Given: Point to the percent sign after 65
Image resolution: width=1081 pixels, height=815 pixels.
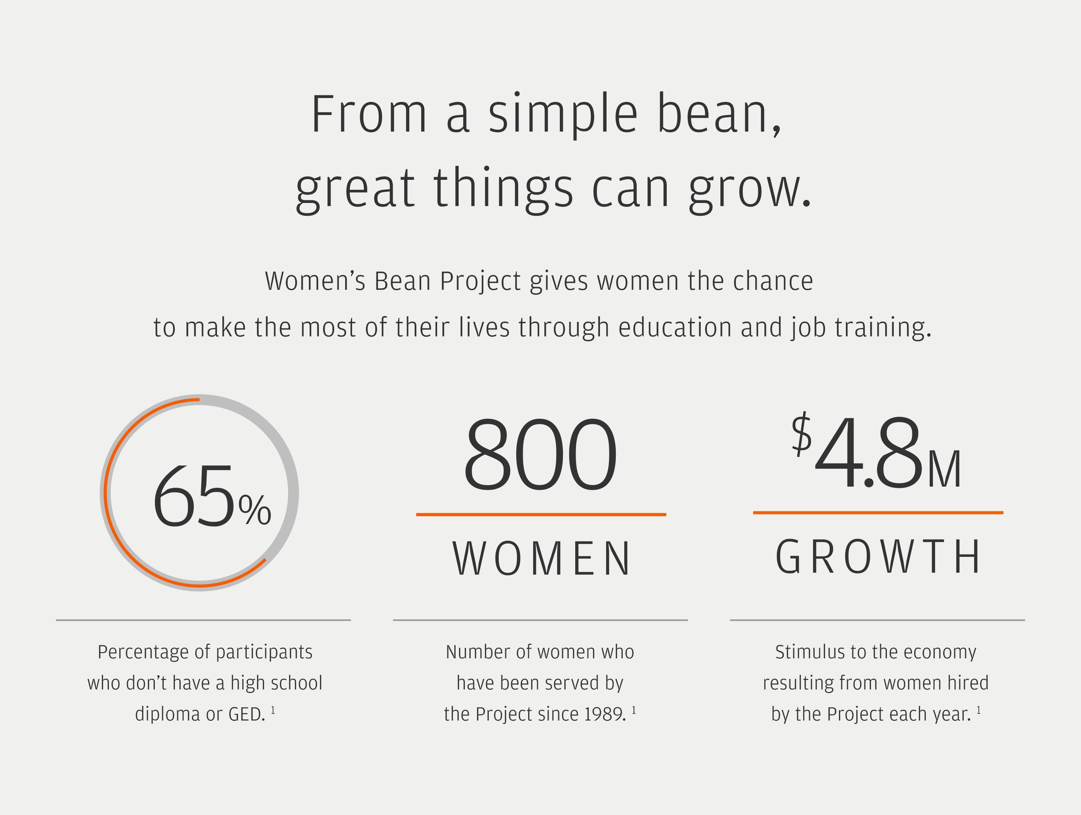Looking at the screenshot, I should tap(254, 510).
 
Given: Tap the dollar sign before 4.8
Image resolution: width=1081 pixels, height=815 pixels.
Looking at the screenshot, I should tap(801, 435).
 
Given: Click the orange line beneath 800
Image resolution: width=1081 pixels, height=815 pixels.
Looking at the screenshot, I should tap(541, 514).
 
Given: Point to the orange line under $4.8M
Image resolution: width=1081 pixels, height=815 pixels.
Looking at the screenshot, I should tap(878, 512).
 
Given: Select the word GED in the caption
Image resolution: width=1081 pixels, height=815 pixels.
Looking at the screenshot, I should tap(246, 714).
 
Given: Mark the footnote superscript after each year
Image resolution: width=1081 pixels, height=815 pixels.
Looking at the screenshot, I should tap(979, 710).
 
